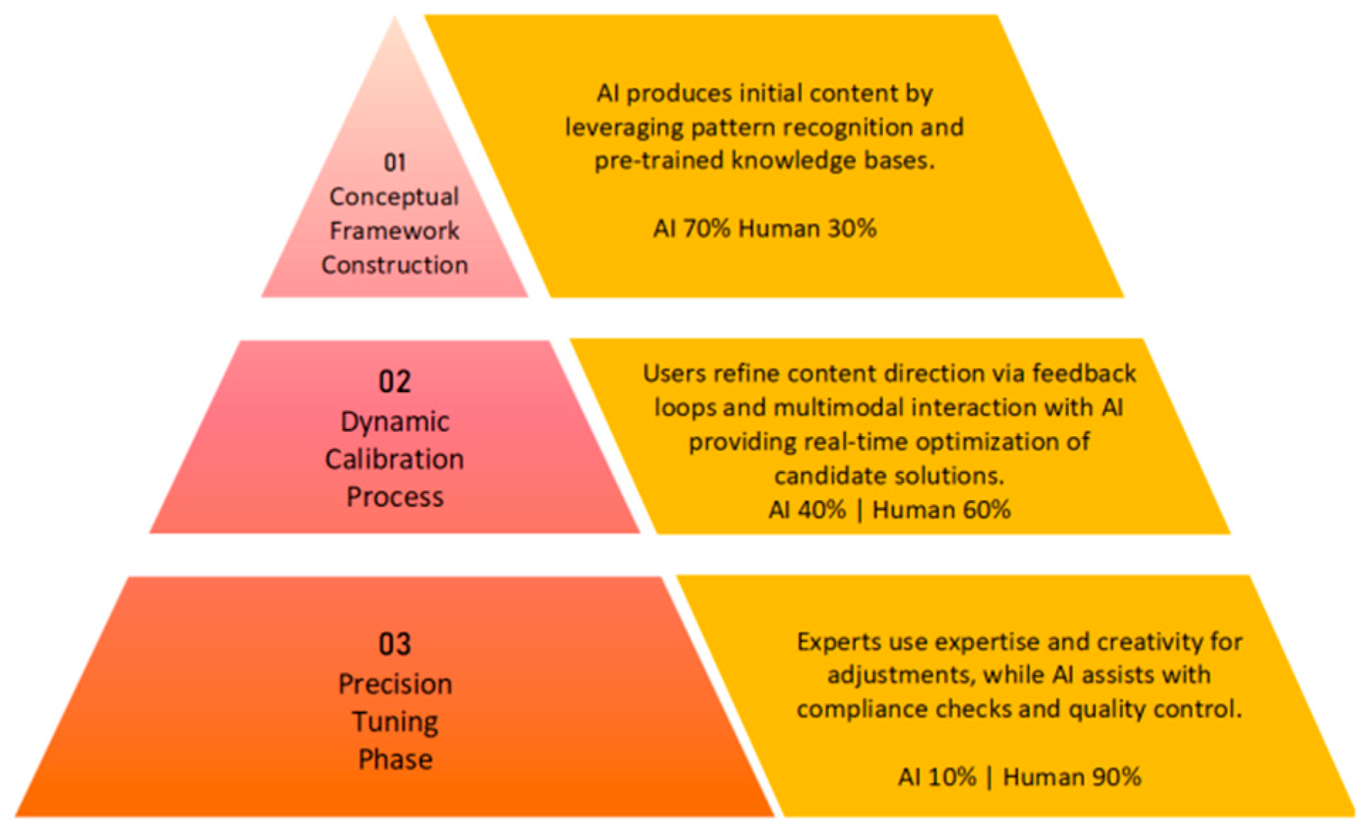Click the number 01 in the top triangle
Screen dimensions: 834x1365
tap(395, 163)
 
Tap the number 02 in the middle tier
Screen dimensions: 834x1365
tap(395, 382)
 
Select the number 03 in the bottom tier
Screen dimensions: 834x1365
tap(395, 644)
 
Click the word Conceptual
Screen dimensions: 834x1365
tap(394, 197)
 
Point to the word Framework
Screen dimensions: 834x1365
tap(395, 231)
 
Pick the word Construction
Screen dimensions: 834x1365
tap(395, 265)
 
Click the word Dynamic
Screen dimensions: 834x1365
tap(395, 422)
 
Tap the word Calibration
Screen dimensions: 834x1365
tap(395, 460)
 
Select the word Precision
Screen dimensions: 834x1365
tap(395, 684)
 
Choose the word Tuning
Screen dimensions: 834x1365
tap(395, 722)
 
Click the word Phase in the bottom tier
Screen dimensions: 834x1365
tap(395, 759)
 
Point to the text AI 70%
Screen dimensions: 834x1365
tap(691, 229)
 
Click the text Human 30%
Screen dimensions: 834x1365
tap(807, 229)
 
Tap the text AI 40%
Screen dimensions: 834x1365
tap(807, 510)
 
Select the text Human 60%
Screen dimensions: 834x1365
tap(941, 510)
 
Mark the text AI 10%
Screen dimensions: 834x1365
tap(937, 777)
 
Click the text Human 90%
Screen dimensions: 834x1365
tap(1072, 777)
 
